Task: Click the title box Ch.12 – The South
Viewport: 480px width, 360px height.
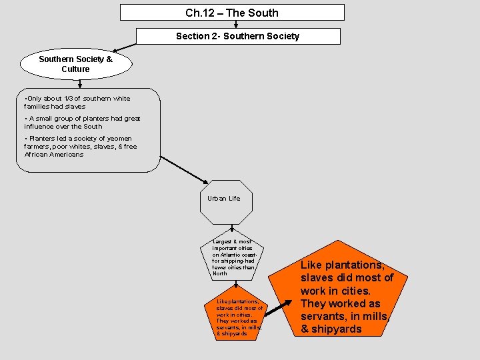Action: (x=232, y=13)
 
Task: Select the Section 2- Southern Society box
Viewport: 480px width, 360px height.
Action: (x=238, y=36)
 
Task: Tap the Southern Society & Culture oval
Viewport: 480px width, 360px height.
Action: (x=75, y=64)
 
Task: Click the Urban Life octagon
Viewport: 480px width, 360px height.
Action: (x=226, y=201)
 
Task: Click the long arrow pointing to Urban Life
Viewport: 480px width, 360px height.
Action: (x=185, y=169)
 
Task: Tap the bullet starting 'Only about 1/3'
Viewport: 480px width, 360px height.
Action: (x=77, y=102)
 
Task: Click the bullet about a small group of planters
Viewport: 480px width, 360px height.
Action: (x=82, y=122)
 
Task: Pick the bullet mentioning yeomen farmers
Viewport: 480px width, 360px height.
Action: (x=80, y=146)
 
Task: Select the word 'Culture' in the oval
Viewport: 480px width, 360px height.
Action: (x=75, y=69)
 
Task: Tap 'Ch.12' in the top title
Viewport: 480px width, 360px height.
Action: (x=198, y=13)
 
